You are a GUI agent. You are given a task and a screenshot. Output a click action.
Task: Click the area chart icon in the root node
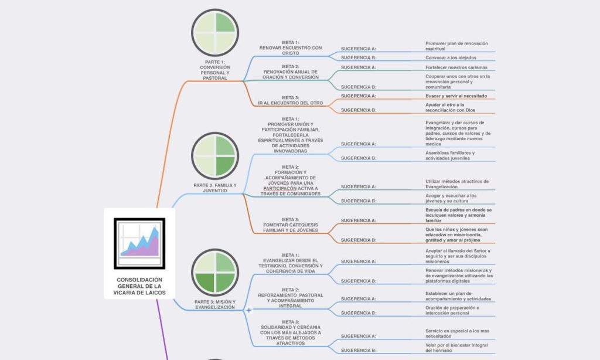point(139,243)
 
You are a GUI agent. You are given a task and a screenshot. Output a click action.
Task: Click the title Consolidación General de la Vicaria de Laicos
point(139,286)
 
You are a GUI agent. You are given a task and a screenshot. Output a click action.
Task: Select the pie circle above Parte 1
point(215,33)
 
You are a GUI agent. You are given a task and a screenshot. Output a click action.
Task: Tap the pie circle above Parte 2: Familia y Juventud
point(215,155)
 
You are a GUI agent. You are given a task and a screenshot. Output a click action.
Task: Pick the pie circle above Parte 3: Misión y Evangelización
point(215,273)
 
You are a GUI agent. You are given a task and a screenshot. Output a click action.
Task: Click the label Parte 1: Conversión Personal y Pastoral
point(215,70)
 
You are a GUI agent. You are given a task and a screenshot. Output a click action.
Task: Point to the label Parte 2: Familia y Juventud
point(215,188)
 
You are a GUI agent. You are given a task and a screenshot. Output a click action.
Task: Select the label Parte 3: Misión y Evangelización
point(215,304)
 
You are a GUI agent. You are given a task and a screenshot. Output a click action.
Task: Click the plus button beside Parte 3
point(249,310)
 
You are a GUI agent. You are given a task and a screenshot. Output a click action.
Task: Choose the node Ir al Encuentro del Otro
point(291,100)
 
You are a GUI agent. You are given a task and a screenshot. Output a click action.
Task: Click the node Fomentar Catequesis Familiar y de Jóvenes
point(291,225)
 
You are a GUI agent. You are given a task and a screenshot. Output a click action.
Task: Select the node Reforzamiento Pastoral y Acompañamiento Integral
point(291,298)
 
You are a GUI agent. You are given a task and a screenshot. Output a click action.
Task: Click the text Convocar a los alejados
point(451,57)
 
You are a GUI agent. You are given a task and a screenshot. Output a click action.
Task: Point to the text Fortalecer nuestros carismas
point(456,67)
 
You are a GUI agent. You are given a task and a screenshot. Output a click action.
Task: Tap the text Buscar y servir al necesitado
point(456,96)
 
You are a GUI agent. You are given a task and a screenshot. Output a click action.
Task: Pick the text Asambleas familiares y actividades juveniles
point(450,155)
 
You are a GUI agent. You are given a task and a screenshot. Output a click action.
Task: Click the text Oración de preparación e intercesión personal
point(452,310)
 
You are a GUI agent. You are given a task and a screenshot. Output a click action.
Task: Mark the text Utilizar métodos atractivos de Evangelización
point(456,184)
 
